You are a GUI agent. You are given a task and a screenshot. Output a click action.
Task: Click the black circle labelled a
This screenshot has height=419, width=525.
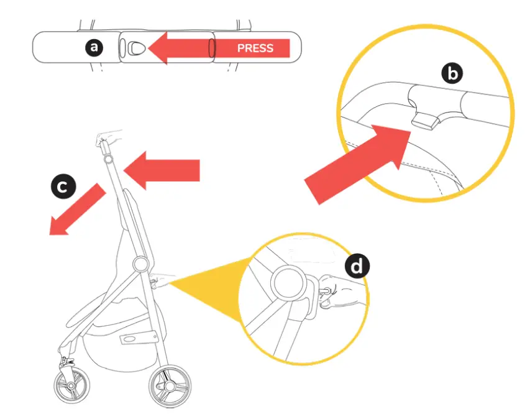tap(94, 47)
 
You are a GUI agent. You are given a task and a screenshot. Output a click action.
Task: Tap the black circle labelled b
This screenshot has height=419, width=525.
tap(452, 74)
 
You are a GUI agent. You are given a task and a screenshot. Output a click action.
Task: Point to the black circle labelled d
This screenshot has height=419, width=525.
tap(356, 267)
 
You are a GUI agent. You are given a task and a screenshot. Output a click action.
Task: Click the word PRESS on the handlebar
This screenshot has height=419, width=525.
tap(255, 48)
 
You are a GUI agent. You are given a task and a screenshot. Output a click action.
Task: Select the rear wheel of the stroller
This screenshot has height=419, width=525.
tap(170, 386)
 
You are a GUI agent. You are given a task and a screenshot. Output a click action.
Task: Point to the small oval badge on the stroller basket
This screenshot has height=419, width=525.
tap(130, 339)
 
